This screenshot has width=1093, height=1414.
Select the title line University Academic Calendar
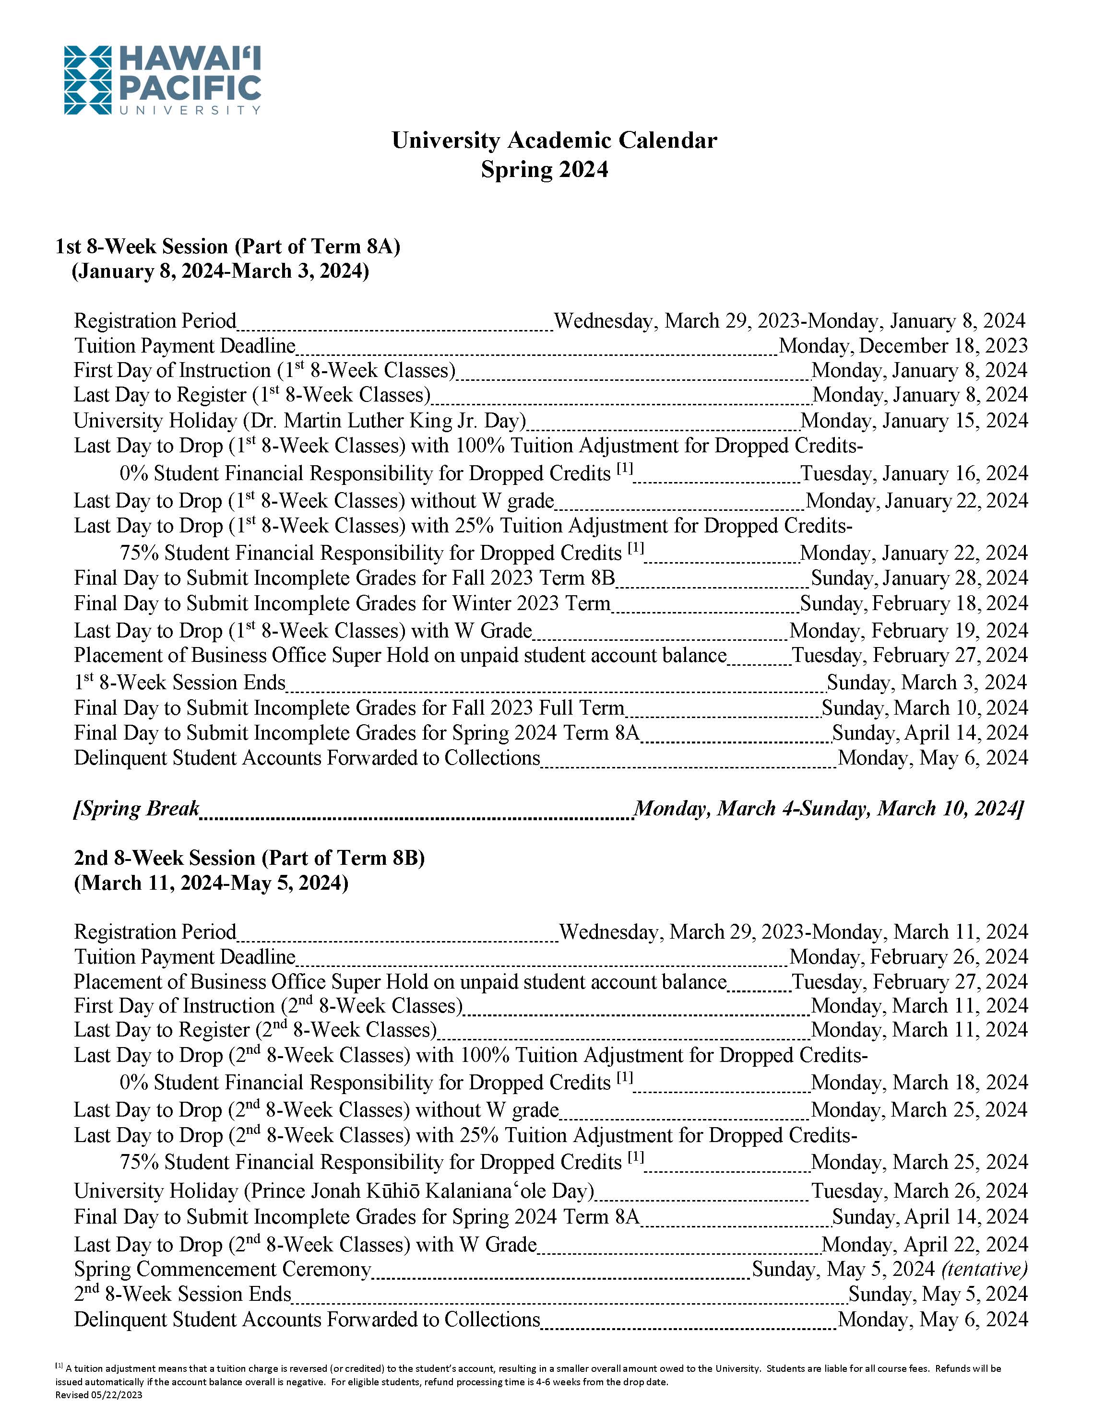pyautogui.click(x=554, y=141)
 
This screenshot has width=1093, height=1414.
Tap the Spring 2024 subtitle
pyautogui.click(x=545, y=170)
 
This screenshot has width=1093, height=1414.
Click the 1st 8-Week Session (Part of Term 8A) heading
pyautogui.click(x=228, y=247)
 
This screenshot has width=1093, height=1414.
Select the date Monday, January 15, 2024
pyautogui.click(x=915, y=421)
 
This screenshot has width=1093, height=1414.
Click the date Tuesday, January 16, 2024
pyautogui.click(x=915, y=473)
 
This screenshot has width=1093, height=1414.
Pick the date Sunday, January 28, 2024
pyautogui.click(x=919, y=578)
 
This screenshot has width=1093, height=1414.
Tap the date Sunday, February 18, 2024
pyautogui.click(x=915, y=603)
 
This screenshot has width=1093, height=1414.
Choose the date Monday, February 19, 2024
pyautogui.click(x=908, y=631)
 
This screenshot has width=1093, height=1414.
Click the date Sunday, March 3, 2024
pyautogui.click(x=927, y=683)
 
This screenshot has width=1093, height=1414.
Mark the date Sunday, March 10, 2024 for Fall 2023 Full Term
pyautogui.click(x=925, y=707)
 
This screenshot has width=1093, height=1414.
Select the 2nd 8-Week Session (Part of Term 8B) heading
pyautogui.click(x=249, y=858)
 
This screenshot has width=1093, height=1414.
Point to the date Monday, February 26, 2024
pyautogui.click(x=908, y=957)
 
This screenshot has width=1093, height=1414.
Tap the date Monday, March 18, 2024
pyautogui.click(x=919, y=1083)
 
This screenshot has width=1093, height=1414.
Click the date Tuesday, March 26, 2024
pyautogui.click(x=919, y=1191)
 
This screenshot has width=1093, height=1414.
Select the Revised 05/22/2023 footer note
pyautogui.click(x=98, y=1395)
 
